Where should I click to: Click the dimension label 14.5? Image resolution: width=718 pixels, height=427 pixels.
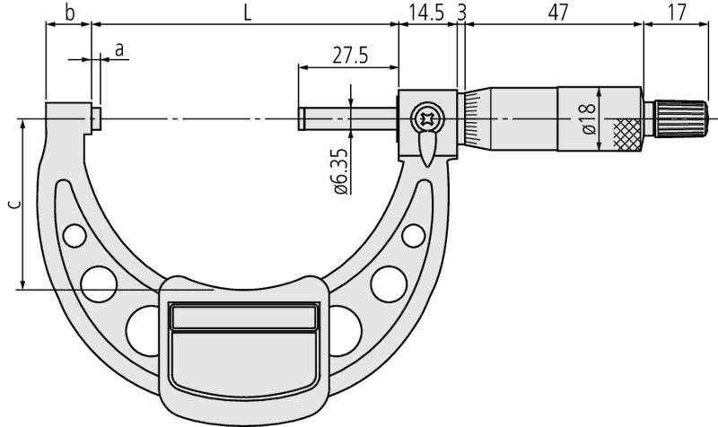pos(426,13)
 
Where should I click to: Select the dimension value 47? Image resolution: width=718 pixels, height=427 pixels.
pos(557,13)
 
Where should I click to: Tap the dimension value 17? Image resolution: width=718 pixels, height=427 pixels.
pos(678,13)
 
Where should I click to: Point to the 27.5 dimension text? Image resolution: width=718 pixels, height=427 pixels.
pos(350,56)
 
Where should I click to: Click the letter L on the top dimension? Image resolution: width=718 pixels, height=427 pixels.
pos(248,13)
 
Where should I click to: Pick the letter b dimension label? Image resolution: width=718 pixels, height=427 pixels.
pos(69,13)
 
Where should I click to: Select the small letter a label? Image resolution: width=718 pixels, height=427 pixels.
pos(119,49)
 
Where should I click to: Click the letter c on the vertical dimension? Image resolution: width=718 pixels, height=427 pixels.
pos(15,205)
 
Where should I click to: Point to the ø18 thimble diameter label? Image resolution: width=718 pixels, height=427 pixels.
pos(589,119)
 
